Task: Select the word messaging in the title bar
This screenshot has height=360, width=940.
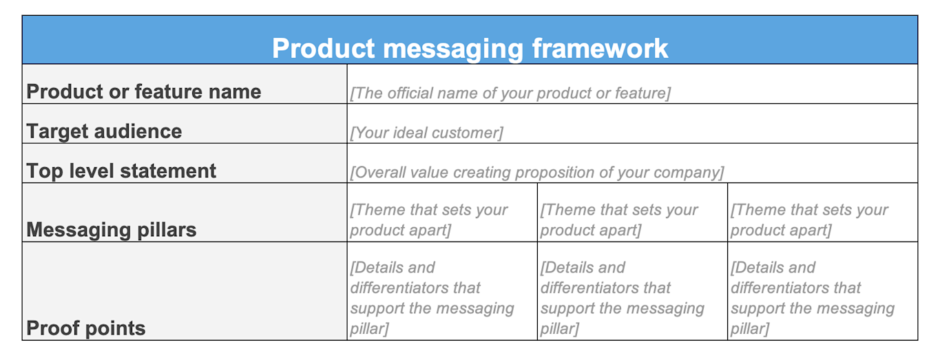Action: pos(448,49)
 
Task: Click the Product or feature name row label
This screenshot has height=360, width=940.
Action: pos(143,92)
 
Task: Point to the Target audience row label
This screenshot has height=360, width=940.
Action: pos(104,131)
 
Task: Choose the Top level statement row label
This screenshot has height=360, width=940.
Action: pos(121,171)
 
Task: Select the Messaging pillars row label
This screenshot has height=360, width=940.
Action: pos(112,229)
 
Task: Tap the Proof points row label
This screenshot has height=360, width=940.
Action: pos(86,328)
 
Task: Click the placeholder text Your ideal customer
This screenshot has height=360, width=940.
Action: pos(426,132)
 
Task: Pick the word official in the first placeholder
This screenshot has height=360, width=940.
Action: pos(415,93)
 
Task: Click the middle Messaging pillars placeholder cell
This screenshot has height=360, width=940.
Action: pos(619,220)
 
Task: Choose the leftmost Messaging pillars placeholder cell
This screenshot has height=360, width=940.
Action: pos(429,220)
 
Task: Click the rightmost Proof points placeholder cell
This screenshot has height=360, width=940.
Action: pos(813,297)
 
